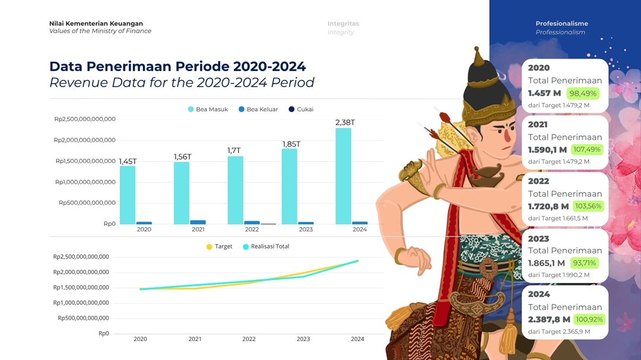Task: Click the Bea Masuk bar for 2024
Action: coord(344,176)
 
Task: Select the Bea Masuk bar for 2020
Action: coord(128,195)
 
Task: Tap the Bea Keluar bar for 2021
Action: coord(198,222)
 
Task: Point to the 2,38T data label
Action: coord(345,123)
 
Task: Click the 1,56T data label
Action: coord(182,157)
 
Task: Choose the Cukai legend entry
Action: coord(301,110)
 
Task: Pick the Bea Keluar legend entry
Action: coord(258,110)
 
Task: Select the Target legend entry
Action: coord(219,246)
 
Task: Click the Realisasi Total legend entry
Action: coord(266,246)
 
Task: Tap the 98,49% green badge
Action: coord(583,94)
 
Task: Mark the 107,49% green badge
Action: coord(586,149)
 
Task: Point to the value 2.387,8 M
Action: coord(548,320)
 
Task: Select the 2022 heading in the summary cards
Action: coord(538,181)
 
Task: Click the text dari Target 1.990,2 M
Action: coord(559,275)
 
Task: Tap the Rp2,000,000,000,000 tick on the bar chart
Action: coord(85,140)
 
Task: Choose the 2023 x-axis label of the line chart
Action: coord(303,339)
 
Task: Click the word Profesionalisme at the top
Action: coord(561,24)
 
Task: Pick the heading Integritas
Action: coord(343,24)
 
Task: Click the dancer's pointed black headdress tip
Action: coord(476,48)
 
